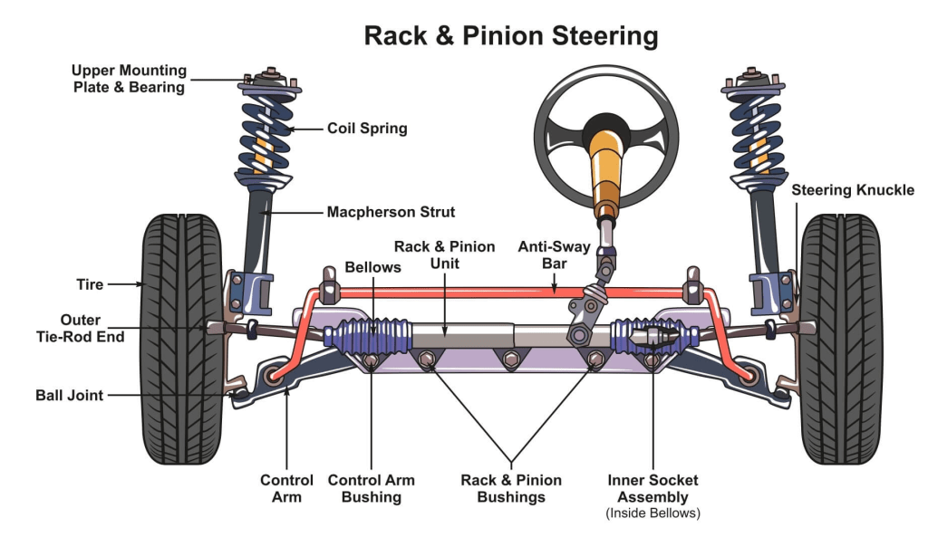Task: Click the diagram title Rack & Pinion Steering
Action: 510,36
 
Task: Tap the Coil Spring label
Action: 367,129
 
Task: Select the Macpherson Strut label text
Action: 391,213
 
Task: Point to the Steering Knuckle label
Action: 853,190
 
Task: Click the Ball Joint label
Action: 70,396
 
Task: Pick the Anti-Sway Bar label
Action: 554,254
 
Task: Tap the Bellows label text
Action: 372,268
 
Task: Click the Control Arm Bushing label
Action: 371,488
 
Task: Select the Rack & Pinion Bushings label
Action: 511,488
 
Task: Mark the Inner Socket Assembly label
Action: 652,488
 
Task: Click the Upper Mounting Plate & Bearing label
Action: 129,79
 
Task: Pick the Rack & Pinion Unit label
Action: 444,254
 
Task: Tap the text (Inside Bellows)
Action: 652,513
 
